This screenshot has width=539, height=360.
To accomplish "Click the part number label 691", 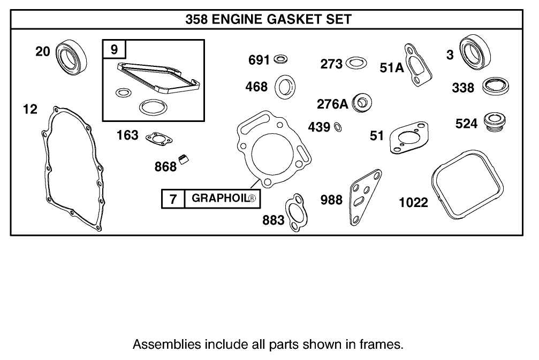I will pyautogui.click(x=260, y=60).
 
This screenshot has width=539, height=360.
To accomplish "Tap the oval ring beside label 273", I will pyautogui.click(x=356, y=63).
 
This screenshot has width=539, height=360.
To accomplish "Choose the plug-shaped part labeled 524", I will pyautogui.click(x=491, y=121).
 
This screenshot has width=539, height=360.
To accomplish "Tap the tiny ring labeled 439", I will pyautogui.click(x=338, y=127).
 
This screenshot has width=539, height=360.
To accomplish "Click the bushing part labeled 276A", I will pyautogui.click(x=363, y=102).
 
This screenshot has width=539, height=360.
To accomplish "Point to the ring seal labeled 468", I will pyautogui.click(x=285, y=87).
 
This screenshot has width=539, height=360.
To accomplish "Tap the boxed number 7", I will pyautogui.click(x=173, y=200).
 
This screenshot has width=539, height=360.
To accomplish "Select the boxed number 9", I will pyautogui.click(x=114, y=50).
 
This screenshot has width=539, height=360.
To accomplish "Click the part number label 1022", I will pyautogui.click(x=414, y=202).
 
